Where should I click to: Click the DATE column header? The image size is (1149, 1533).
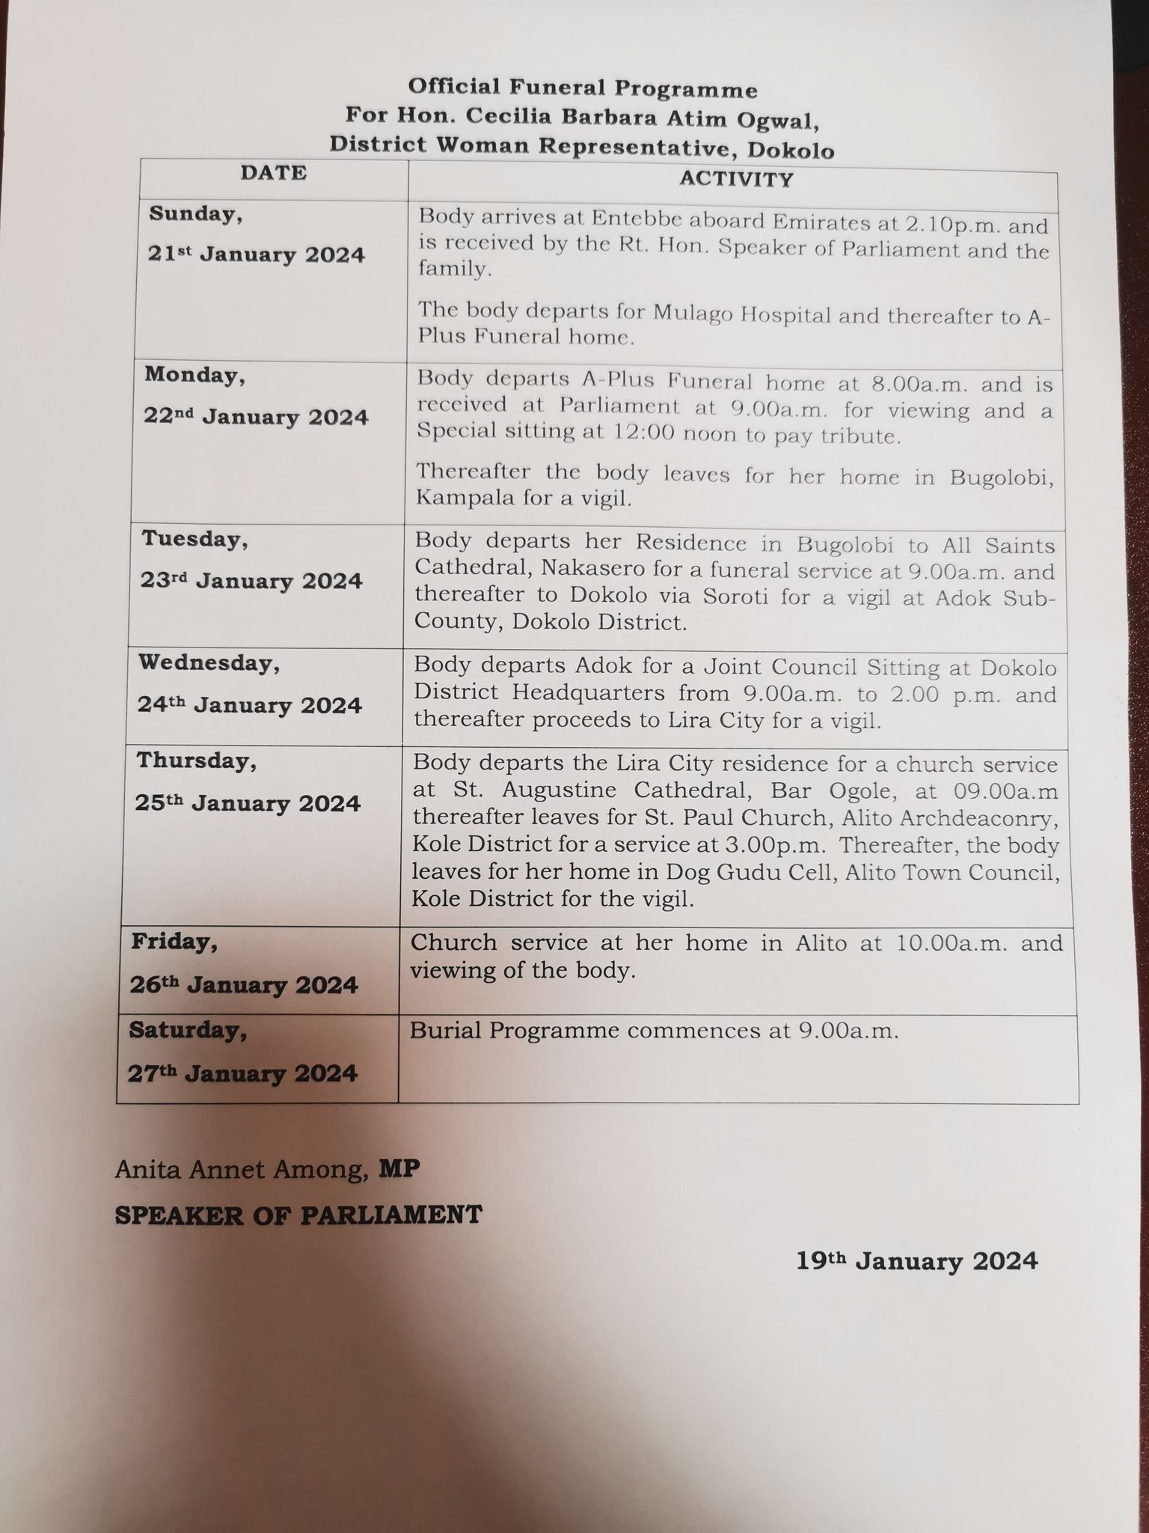tap(273, 173)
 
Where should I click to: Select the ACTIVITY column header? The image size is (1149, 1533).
tap(735, 179)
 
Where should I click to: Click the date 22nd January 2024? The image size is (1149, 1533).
tap(256, 417)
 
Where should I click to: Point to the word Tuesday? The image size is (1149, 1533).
tap(194, 539)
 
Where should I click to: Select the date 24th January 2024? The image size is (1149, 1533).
tap(250, 705)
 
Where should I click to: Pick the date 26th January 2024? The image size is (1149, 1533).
tap(244, 985)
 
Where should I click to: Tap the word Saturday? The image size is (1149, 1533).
tap(187, 1031)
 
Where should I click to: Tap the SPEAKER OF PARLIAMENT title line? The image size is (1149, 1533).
tap(298, 1214)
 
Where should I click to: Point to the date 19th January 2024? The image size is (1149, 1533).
tap(916, 1261)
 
